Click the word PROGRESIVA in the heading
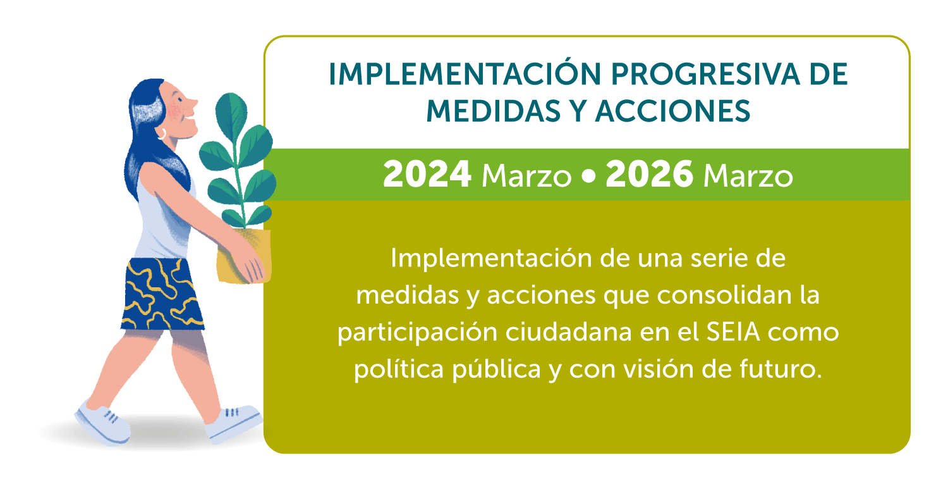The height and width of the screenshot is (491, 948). click(705, 75)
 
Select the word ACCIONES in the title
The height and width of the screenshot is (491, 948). click(672, 111)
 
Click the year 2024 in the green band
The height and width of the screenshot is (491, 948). click(427, 174)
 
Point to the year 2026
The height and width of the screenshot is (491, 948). click(649, 174)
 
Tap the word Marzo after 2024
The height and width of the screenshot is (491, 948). click(526, 176)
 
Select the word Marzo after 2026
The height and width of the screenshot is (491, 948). click(748, 176)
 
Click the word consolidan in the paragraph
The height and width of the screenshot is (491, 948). click(724, 295)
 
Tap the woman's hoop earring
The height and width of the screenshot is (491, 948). click(162, 134)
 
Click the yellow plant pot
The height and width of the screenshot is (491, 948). click(243, 256)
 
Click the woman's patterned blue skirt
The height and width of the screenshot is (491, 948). click(162, 294)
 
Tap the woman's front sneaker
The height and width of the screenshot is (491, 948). click(234, 424)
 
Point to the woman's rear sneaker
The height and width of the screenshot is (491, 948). click(103, 423)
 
